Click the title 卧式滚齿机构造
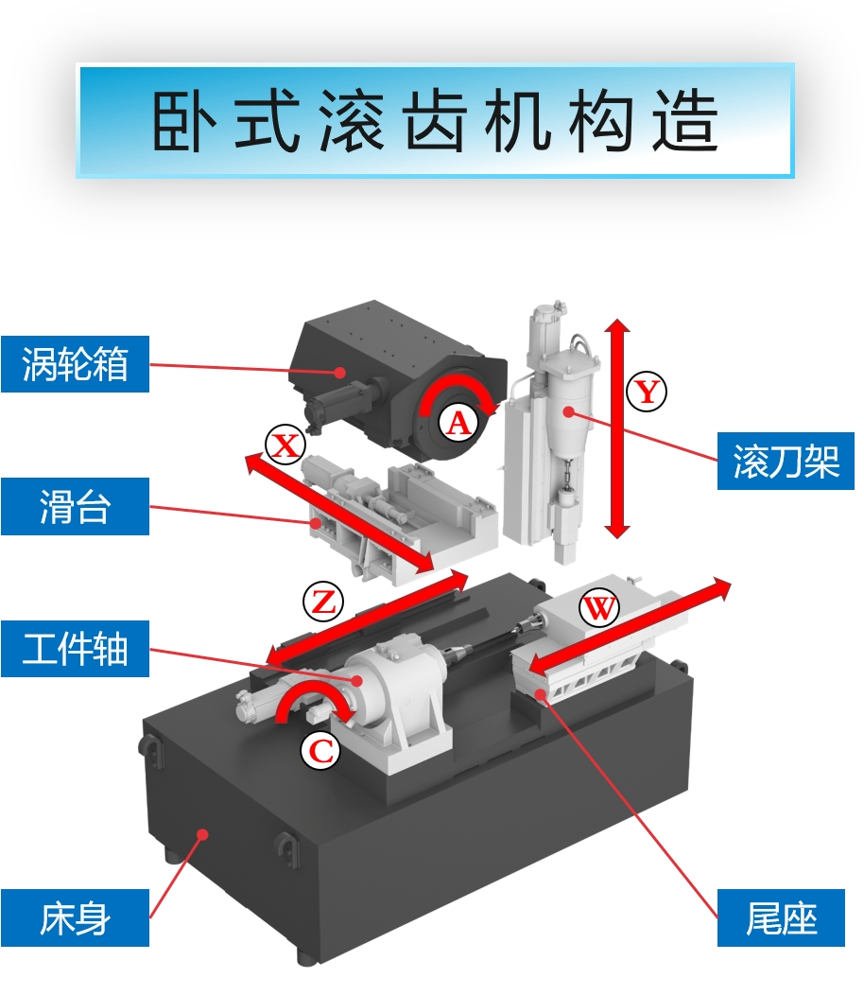coord(435,121)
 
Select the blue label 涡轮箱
coord(75,363)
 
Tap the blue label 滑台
coord(75,507)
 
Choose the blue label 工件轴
coord(75,650)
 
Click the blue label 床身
coord(75,917)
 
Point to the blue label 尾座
coord(780,917)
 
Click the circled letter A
coord(458,423)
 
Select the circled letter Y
coord(648,391)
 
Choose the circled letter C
coord(321,751)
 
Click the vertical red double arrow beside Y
coord(617,430)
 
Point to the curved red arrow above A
coord(458,393)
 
